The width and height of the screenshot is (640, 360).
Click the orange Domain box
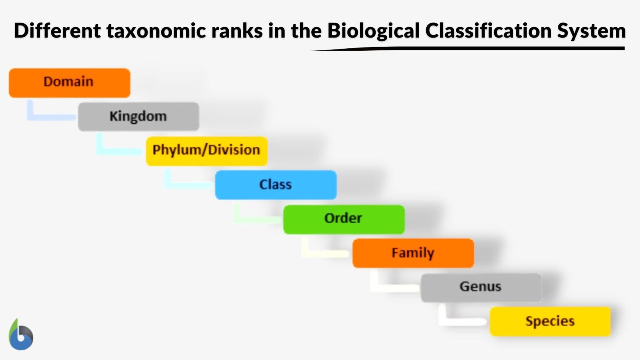click(x=69, y=82)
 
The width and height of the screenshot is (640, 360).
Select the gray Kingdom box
click(x=138, y=116)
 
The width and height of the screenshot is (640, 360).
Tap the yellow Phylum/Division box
click(x=206, y=150)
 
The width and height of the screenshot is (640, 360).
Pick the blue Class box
click(x=275, y=185)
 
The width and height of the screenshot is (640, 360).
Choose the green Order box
click(x=344, y=219)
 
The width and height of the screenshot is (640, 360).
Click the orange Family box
click(x=413, y=253)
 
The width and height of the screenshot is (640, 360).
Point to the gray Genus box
click(x=481, y=287)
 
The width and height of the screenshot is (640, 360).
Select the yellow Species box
click(x=550, y=321)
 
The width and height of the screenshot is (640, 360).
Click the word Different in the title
click(x=57, y=31)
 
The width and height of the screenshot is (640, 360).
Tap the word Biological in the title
click(x=373, y=31)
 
